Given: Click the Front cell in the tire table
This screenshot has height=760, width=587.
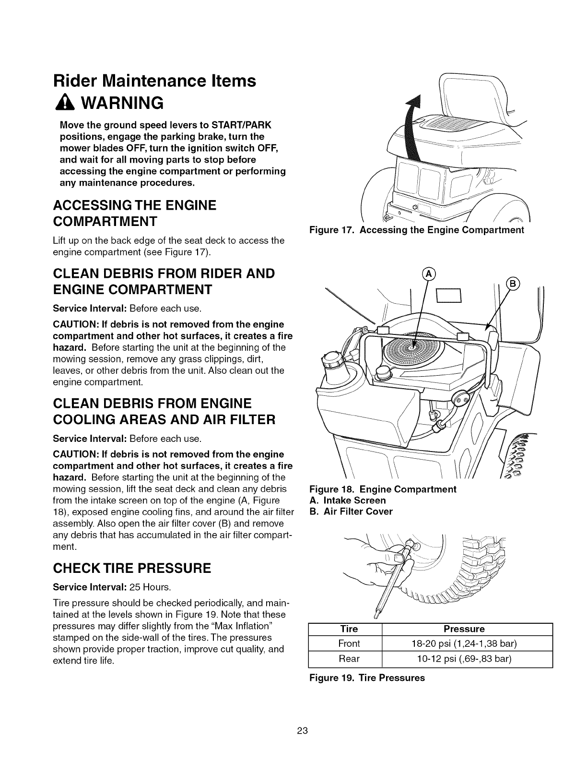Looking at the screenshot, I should pyautogui.click(x=349, y=643).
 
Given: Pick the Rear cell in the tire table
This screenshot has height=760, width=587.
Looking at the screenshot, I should pyautogui.click(x=349, y=659).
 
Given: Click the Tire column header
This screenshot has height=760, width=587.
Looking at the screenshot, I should pyautogui.click(x=349, y=629).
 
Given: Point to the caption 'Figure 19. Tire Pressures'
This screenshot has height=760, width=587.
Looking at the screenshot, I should pyautogui.click(x=367, y=678).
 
